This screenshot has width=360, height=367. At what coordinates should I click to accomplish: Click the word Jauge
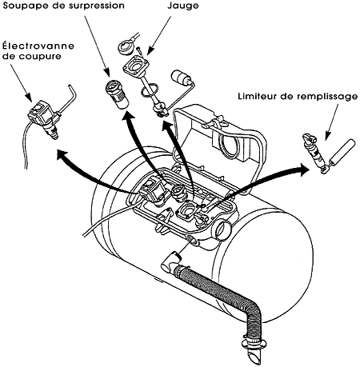pos(183,6)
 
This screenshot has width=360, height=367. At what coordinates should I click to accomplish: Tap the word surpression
pos(98,6)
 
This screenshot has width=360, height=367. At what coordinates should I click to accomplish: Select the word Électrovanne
pos(38,46)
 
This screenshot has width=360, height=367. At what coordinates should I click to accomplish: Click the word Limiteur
pos(258,96)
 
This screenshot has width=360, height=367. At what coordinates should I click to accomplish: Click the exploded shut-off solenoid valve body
pos(42,115)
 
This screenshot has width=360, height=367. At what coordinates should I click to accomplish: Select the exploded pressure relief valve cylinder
pos(118,94)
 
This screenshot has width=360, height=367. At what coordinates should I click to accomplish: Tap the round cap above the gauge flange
pos(126,46)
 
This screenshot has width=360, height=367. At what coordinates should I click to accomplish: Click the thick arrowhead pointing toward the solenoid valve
pos(63,156)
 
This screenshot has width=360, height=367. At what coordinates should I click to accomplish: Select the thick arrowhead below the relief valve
pos(129,116)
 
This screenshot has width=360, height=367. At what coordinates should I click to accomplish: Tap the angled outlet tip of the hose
pos(254,357)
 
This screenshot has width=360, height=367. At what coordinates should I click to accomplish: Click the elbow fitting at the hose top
pos(170,262)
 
